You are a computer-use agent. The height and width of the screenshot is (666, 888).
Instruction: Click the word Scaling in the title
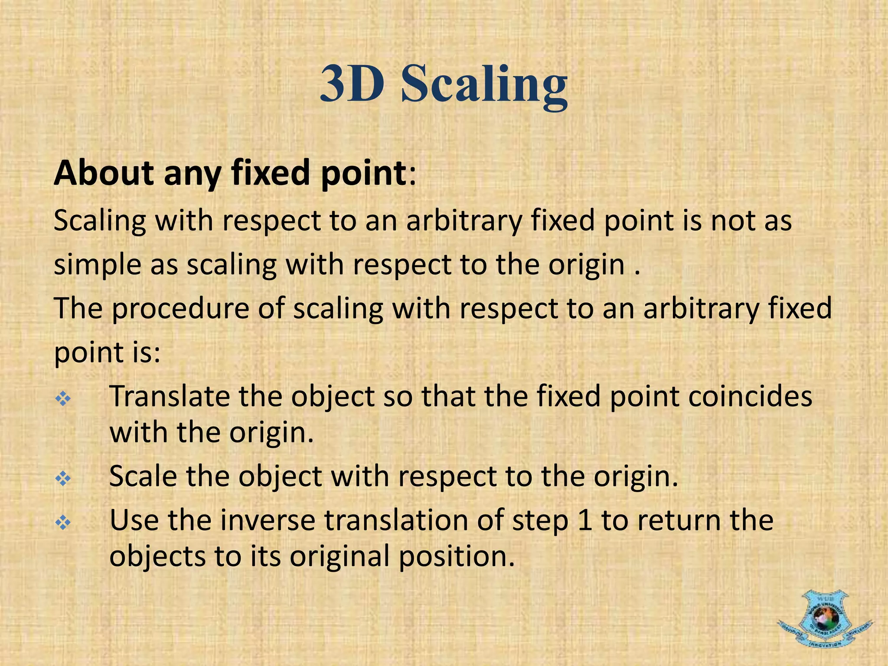pos(484,85)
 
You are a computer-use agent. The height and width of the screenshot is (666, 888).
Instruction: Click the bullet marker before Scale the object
pos(63,479)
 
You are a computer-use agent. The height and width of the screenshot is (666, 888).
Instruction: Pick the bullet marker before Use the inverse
pos(63,523)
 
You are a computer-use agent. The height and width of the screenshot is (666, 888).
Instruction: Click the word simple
pos(98,265)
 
